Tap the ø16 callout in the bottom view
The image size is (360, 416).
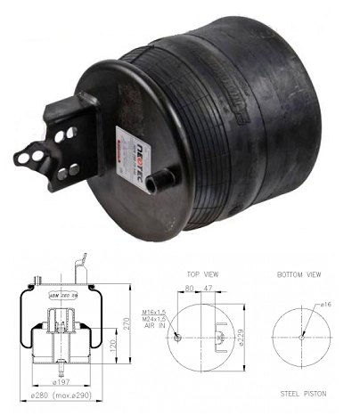327,305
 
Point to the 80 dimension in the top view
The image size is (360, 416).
189,289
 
